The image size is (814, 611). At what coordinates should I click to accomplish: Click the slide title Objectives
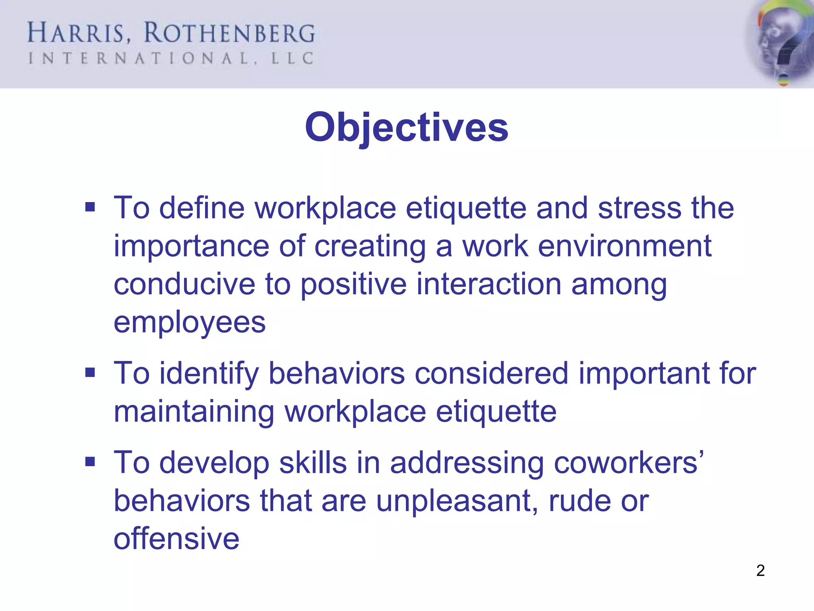[407, 127]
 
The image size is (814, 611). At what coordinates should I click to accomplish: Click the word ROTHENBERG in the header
[229, 33]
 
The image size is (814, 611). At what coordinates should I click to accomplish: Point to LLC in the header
[292, 59]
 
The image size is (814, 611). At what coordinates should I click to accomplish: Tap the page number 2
[760, 570]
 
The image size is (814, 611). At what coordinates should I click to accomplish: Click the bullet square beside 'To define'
[90, 207]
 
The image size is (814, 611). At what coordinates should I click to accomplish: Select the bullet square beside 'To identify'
[90, 373]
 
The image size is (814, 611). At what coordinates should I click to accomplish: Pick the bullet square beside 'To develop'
[90, 462]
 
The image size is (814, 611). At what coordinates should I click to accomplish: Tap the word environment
[624, 246]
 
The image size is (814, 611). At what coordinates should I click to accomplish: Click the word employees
[190, 323]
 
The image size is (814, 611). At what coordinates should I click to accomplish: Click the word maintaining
[194, 412]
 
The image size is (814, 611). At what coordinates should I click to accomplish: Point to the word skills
[313, 463]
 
